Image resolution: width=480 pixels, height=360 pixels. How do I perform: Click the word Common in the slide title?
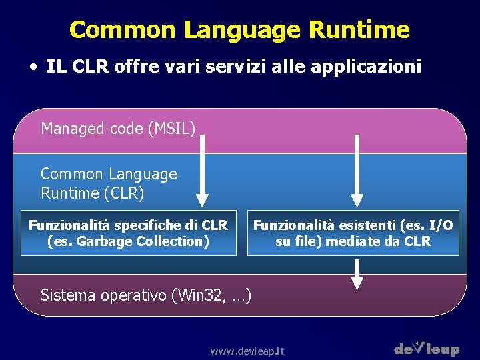[123, 30]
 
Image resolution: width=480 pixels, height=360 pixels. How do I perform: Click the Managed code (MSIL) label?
[118, 128]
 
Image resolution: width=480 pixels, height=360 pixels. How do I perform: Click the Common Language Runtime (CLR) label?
[109, 183]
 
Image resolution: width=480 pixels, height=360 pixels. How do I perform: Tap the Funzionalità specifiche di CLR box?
[129, 233]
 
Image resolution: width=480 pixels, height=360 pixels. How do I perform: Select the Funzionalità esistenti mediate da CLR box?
[353, 233]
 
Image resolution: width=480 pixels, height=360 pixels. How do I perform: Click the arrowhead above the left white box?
[202, 199]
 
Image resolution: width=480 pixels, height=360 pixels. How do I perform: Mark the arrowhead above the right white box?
[357, 199]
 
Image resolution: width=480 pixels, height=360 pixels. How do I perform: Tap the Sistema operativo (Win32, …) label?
[146, 294]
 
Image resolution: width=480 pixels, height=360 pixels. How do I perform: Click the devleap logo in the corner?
[427, 347]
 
